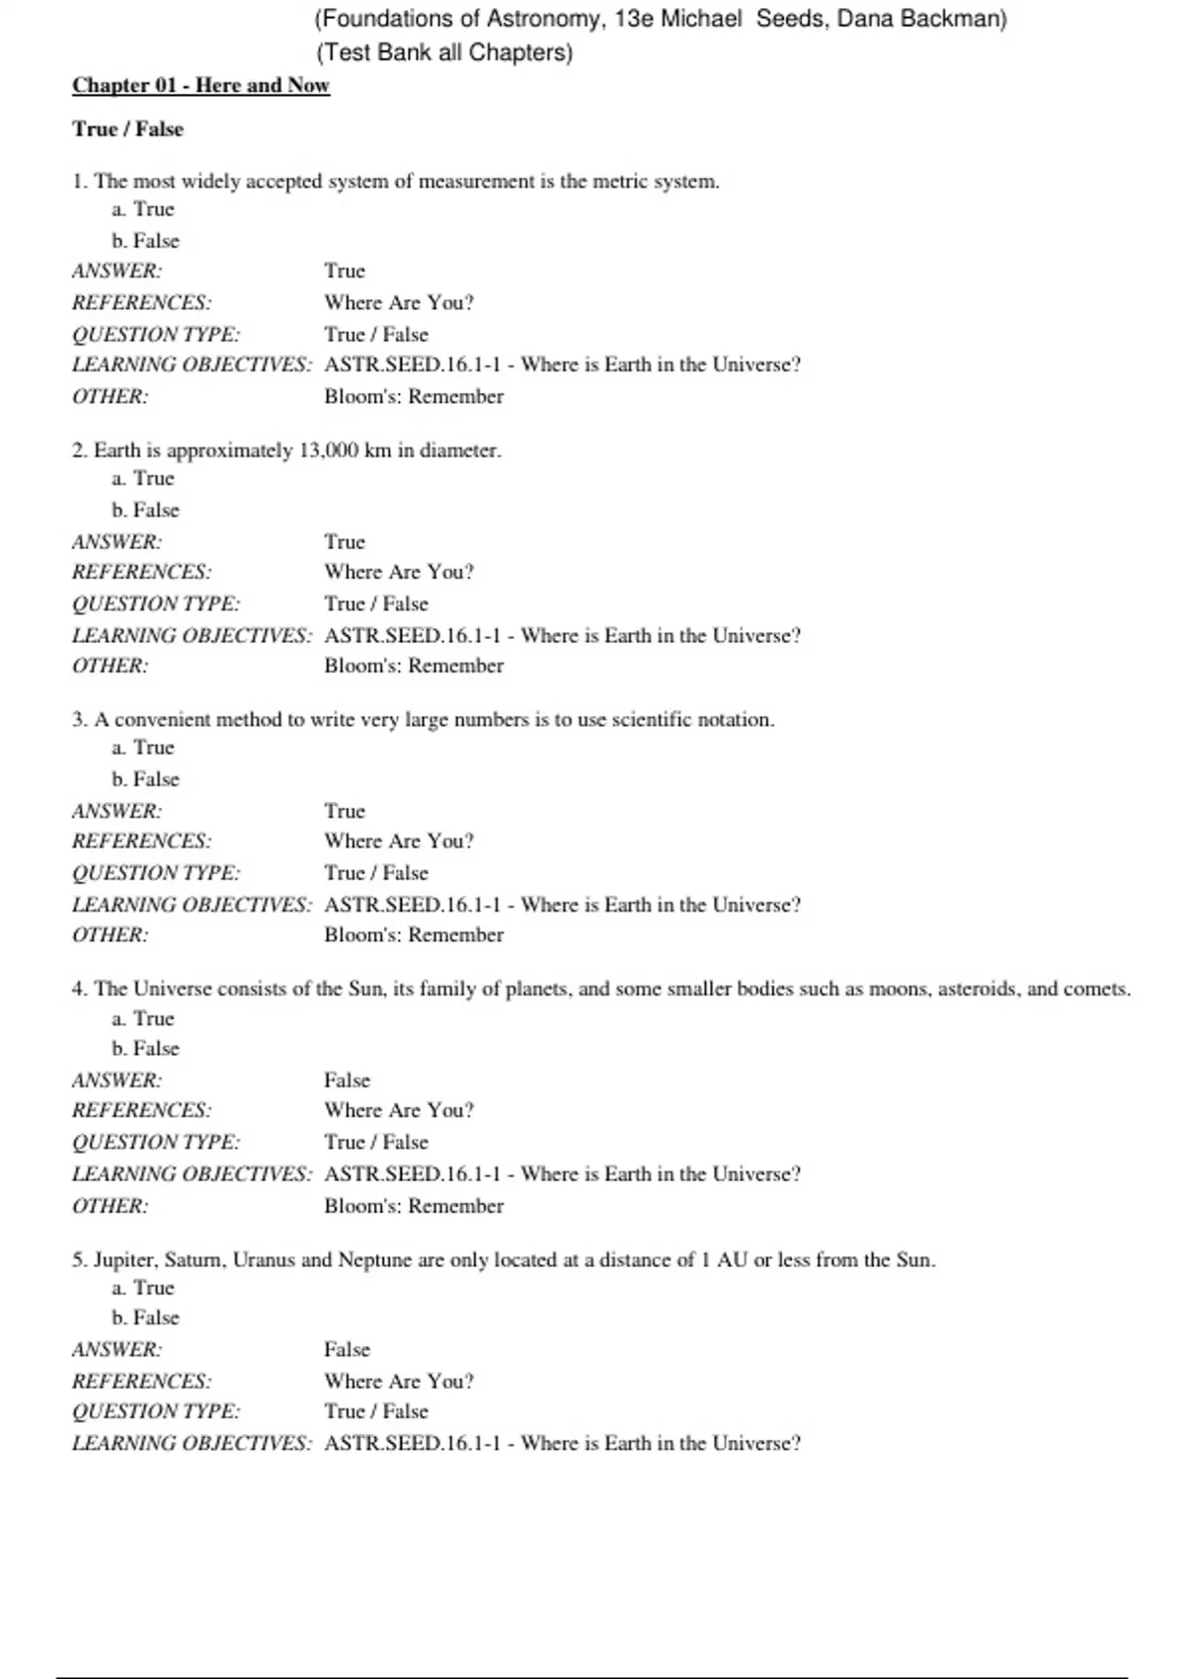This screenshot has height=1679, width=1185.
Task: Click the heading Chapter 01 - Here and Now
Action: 200,85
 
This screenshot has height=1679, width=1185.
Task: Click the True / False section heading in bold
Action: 127,129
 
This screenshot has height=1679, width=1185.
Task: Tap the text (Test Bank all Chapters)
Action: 444,52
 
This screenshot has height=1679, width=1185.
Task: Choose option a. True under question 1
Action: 143,209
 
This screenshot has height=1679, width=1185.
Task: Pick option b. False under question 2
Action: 146,510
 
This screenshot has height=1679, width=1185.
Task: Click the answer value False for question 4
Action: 347,1080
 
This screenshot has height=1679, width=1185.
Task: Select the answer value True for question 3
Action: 345,811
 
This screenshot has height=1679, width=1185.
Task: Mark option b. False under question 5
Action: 146,1318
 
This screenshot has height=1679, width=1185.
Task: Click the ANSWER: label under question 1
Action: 117,271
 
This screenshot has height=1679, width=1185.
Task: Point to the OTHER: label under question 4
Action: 110,1206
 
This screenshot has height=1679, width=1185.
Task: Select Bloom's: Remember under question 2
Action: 414,666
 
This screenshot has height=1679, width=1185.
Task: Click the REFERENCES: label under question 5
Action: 141,1381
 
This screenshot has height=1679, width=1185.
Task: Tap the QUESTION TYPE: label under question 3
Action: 156,873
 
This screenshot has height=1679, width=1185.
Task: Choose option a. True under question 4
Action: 143,1018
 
